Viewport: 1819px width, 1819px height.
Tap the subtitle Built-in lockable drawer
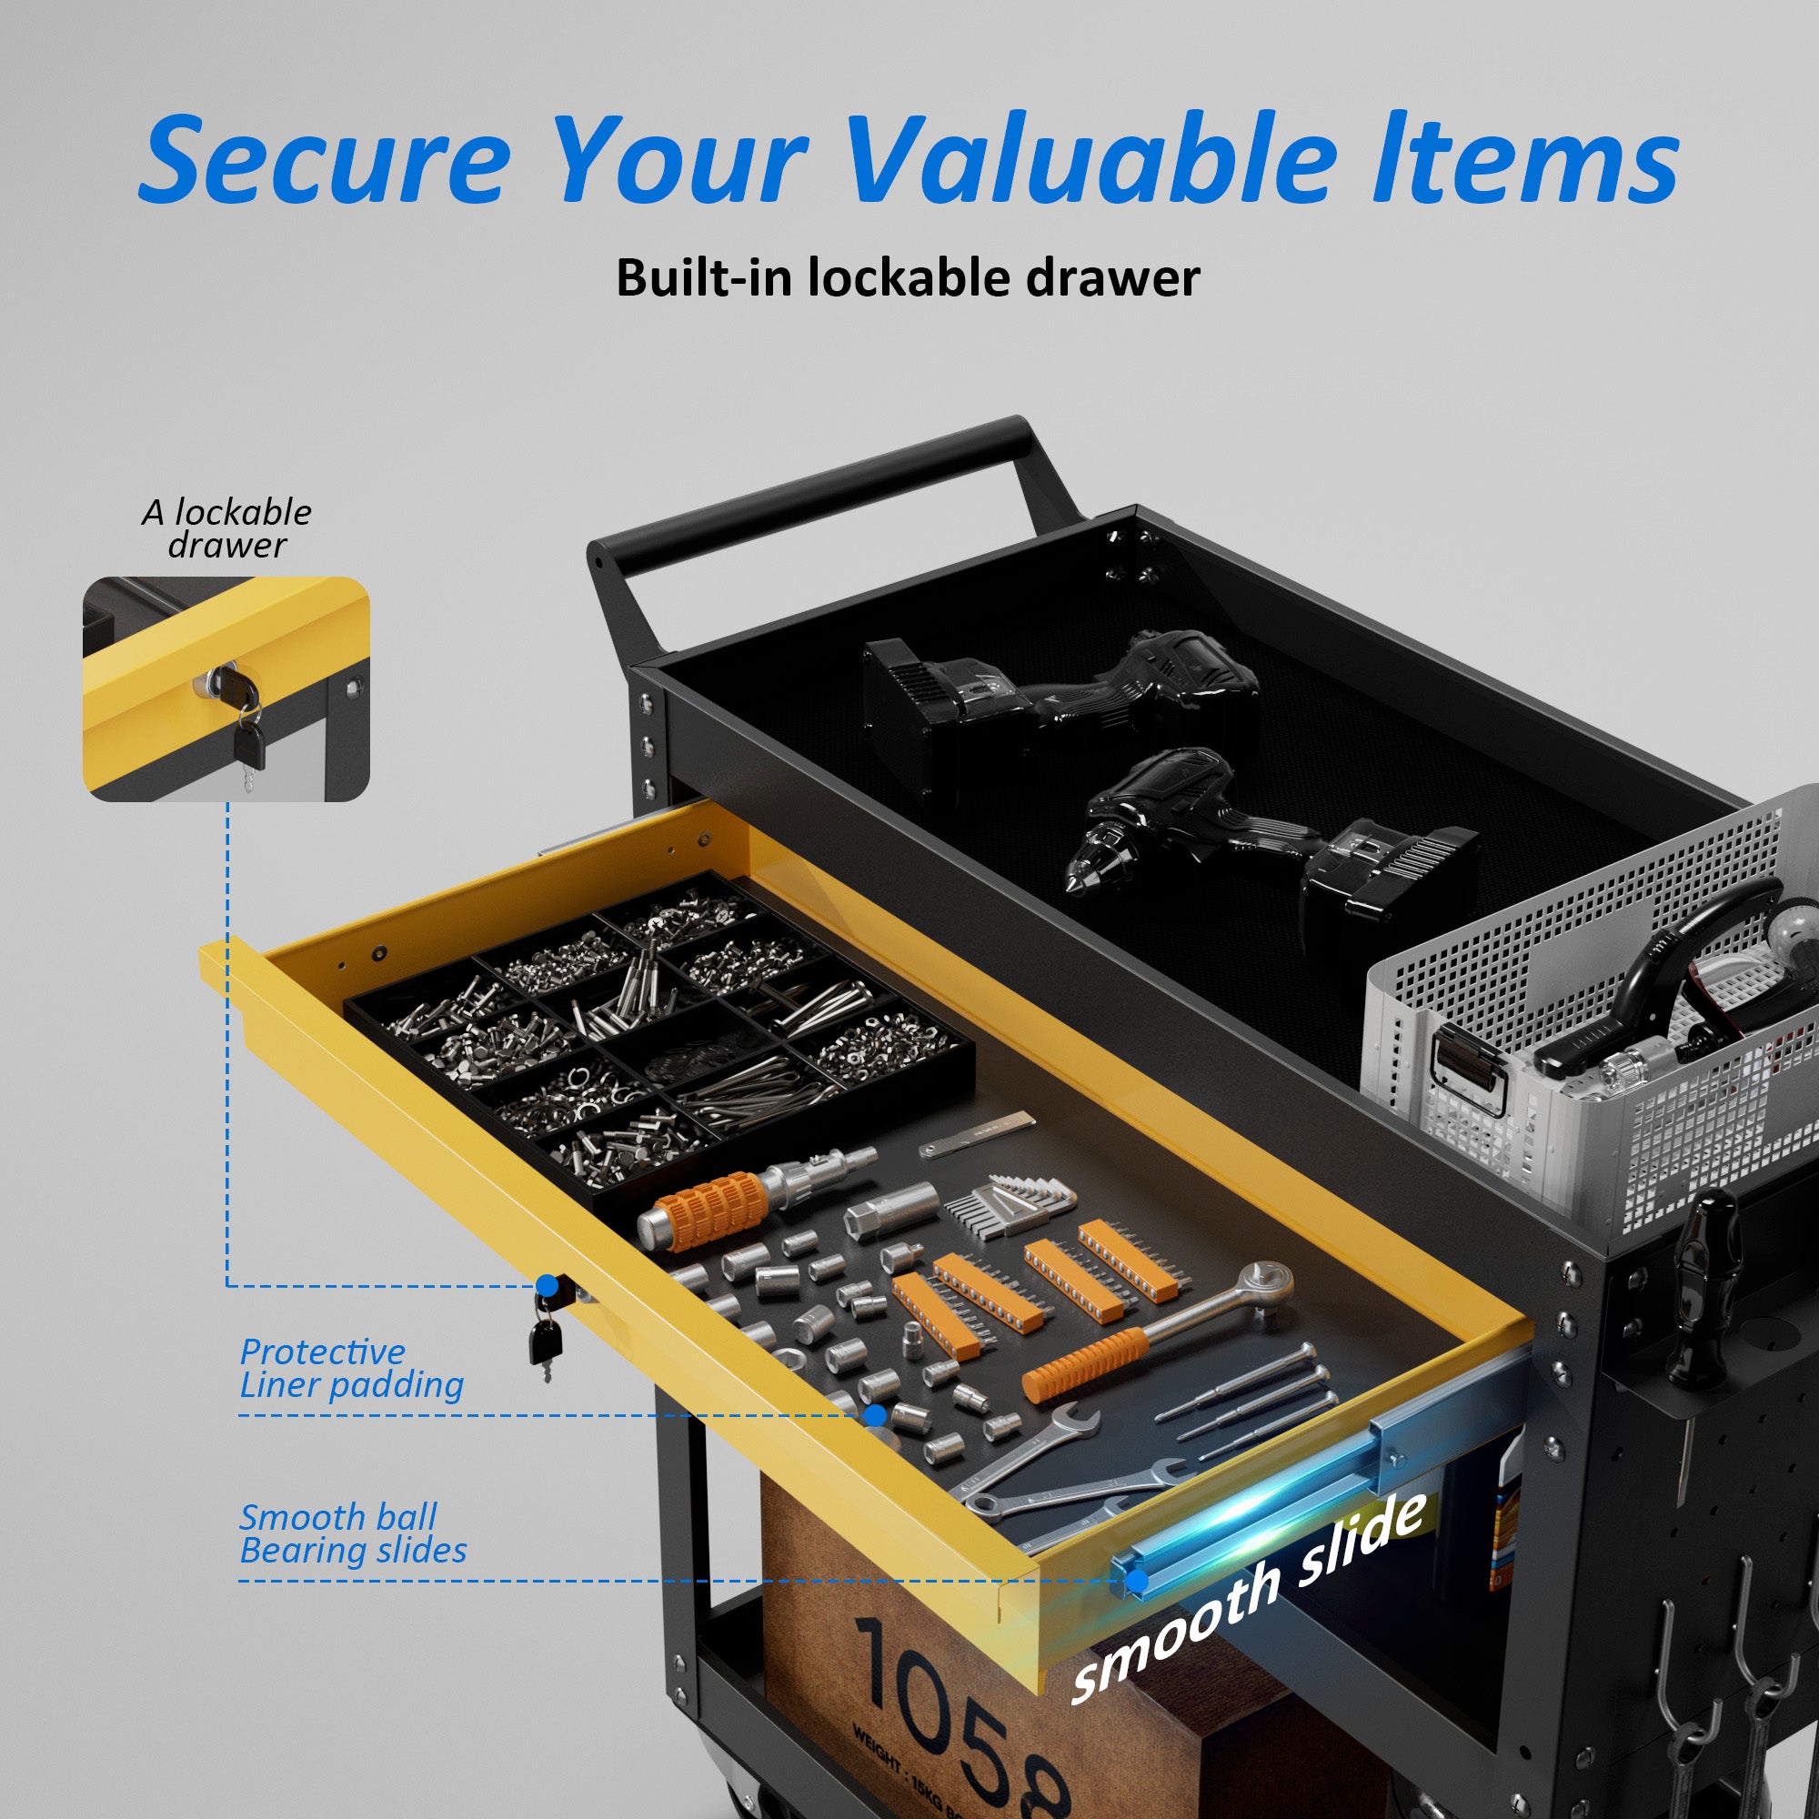coord(908,278)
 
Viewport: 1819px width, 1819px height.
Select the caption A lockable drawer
coord(226,528)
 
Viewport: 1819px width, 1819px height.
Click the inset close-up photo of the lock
coord(226,689)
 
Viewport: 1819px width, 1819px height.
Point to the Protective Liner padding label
coord(350,1368)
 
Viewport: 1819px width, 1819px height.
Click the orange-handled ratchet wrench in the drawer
coord(1158,1333)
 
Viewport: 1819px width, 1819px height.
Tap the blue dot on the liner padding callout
coord(875,1415)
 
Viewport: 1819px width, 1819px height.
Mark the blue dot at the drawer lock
coord(547,1285)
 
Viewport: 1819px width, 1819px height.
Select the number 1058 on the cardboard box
coord(960,1713)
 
